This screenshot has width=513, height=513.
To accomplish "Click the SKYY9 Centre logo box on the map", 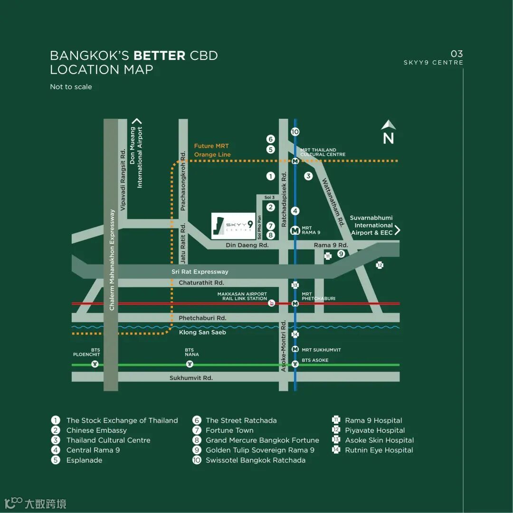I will (233, 226).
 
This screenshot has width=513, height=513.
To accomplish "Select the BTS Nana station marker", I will (190, 364).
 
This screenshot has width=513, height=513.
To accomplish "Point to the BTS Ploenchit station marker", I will (95, 364).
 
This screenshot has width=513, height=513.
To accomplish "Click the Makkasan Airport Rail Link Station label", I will (242, 296).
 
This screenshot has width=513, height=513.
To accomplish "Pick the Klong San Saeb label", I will (202, 332).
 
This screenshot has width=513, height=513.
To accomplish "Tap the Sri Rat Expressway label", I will (200, 272).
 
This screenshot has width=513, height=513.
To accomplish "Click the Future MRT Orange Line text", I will (212, 150).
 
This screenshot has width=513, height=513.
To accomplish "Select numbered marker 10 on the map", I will (295, 132).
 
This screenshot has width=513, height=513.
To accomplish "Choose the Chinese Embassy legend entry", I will (96, 430).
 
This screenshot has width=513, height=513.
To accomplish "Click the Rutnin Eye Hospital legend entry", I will (379, 450).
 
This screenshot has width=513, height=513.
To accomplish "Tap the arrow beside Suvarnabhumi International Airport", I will (398, 230).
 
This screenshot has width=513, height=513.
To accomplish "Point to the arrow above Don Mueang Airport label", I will (137, 121).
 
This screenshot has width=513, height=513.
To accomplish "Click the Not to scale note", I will (71, 87).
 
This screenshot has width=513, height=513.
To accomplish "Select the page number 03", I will (456, 54).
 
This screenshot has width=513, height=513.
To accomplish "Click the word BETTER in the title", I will (159, 56).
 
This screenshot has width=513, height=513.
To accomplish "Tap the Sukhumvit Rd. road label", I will (191, 378).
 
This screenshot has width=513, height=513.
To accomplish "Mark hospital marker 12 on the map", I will (380, 265).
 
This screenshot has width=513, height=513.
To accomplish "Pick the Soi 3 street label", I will (270, 198).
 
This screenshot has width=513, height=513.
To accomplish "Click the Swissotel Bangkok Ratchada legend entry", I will (255, 460).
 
